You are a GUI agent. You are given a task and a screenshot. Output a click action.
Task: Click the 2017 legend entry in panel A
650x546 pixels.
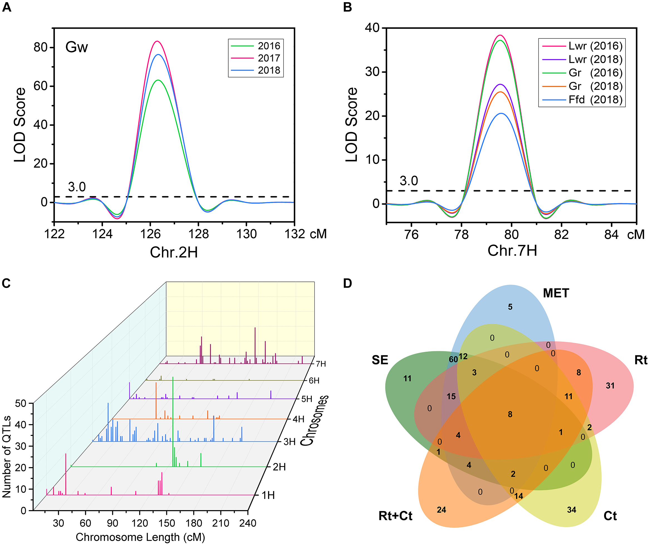(269, 58)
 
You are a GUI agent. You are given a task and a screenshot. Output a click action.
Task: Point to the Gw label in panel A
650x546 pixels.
(77, 47)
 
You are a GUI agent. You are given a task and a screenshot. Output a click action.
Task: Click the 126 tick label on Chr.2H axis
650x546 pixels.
(150, 234)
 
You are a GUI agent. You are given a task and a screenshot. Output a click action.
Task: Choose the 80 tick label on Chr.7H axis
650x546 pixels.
(511, 235)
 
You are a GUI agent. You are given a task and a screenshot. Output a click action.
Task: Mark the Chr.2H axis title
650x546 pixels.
(174, 252)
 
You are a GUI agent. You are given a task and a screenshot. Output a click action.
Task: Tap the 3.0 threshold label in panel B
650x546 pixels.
(409, 181)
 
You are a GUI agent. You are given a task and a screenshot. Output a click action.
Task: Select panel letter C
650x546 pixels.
(6, 283)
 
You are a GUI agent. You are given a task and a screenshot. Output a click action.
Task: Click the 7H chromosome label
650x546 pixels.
(321, 364)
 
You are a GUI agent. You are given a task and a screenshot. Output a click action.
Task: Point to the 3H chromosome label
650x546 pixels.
(289, 442)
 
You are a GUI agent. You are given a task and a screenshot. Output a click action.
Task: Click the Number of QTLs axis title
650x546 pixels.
(7, 457)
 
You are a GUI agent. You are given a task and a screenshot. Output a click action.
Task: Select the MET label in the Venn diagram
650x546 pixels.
(556, 293)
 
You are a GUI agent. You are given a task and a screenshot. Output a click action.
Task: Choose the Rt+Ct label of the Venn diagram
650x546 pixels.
(395, 516)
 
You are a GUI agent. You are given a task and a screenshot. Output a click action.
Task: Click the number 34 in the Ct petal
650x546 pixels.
(571, 510)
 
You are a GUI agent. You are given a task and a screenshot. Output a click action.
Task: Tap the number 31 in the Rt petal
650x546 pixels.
(610, 386)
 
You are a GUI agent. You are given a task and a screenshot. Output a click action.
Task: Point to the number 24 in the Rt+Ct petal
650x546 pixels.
(441, 510)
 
